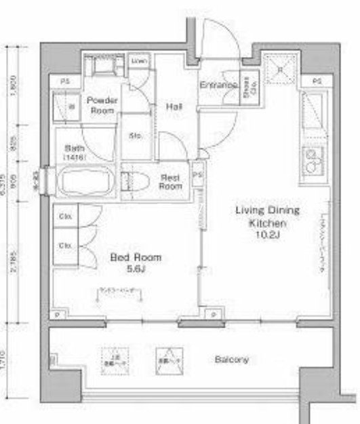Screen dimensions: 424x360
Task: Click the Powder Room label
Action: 102,105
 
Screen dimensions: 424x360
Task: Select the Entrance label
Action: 217,86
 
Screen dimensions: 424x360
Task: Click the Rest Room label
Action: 170,181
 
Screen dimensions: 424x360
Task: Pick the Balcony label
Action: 232,360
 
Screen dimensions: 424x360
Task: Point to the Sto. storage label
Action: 135,135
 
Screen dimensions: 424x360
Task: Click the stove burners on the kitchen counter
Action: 313,162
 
